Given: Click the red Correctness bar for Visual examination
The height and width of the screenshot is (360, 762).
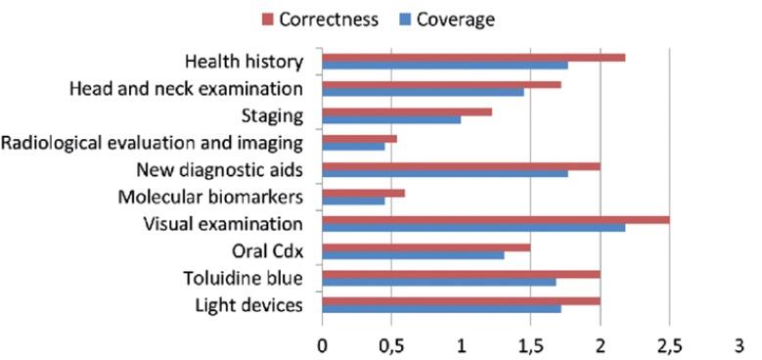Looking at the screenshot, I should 496,219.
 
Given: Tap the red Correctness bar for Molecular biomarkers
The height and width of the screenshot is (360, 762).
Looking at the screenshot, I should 363,193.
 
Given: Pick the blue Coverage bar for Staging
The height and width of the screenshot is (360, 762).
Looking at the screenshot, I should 391,119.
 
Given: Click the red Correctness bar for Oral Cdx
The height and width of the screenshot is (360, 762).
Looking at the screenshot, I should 426,247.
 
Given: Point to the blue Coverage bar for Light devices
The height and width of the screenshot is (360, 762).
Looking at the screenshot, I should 441,309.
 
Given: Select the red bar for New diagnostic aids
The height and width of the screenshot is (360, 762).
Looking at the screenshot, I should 461,166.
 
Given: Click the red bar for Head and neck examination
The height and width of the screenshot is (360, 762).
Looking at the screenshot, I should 441,85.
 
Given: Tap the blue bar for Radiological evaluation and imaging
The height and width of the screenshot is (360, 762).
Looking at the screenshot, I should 353,147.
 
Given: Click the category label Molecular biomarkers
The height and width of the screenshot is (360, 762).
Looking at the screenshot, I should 210,198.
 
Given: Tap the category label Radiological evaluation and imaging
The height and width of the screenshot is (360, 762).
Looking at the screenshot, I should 153,143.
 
